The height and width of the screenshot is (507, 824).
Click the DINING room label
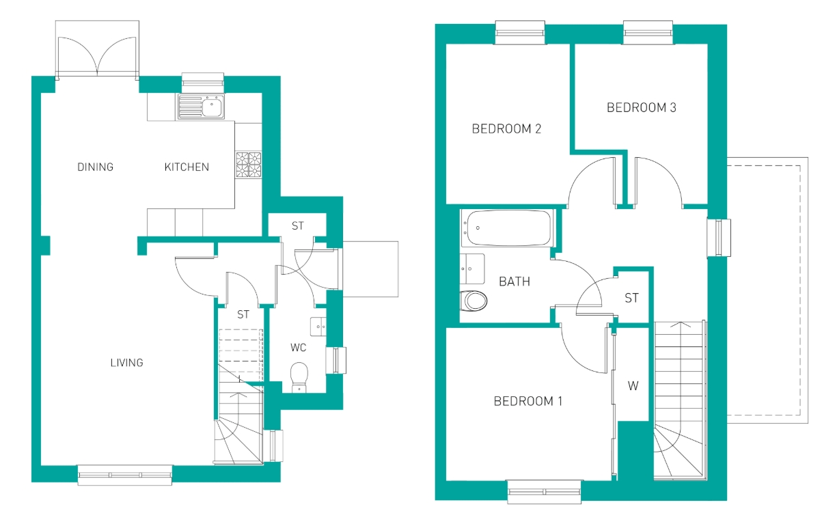point(95,167)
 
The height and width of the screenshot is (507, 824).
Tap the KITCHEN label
point(187,167)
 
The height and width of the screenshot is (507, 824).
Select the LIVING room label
point(127,363)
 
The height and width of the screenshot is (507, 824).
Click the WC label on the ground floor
point(298,347)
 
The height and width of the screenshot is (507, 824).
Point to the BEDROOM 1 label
point(528,401)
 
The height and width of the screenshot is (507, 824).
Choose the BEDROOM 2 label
point(506,128)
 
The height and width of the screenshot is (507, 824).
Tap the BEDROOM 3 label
point(641,107)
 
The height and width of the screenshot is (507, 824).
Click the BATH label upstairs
point(514,282)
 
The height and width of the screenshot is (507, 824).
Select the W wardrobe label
point(633,386)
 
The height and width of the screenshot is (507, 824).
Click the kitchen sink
point(202,107)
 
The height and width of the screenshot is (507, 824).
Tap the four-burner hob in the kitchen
point(249,165)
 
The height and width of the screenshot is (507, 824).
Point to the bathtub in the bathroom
point(508,228)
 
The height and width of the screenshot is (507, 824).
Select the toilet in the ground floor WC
point(299,377)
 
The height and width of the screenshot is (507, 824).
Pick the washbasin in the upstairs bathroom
point(472,269)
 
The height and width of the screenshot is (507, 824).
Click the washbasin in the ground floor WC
point(318,327)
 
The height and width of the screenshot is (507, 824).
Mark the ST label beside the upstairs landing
point(631,298)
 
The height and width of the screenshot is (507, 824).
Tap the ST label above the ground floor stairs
point(243,314)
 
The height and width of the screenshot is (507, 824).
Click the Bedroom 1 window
point(545,491)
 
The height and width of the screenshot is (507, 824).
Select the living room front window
point(125,475)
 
